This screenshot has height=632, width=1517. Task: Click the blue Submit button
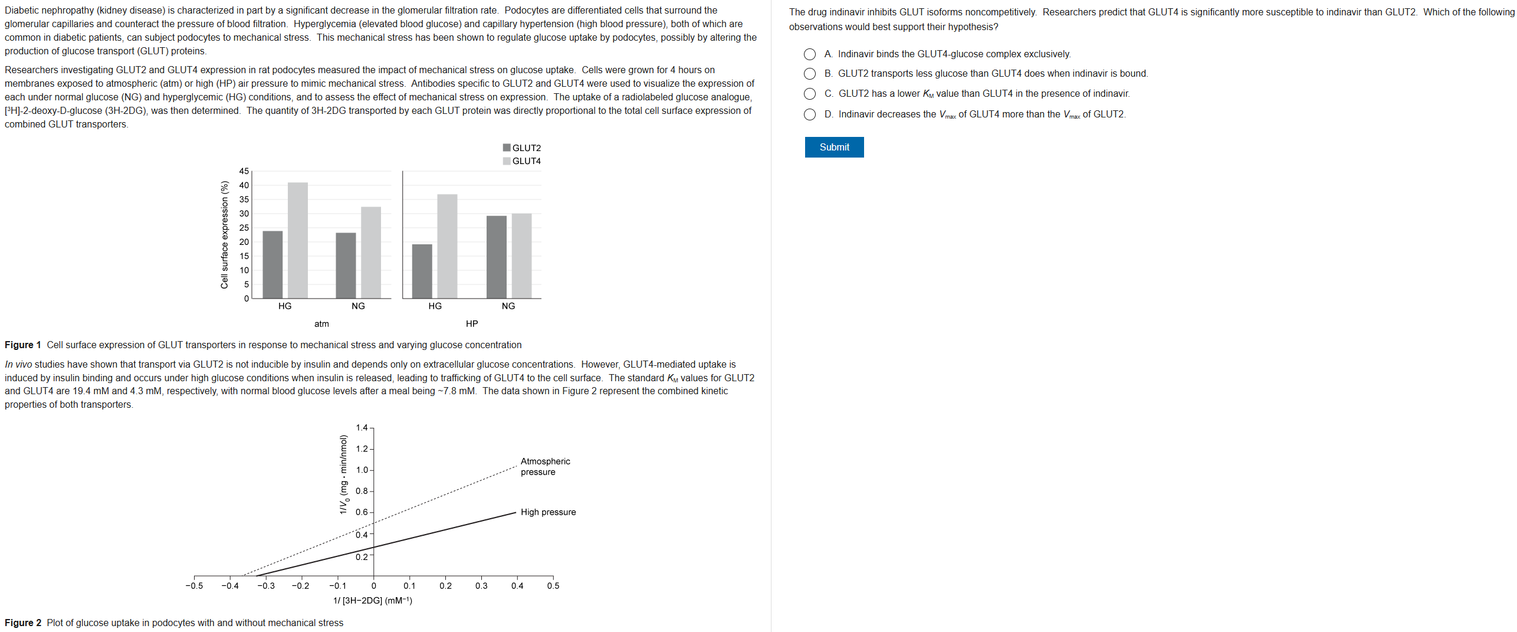click(x=833, y=148)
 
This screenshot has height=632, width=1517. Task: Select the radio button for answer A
click(x=810, y=54)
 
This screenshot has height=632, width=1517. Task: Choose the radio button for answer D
click(x=810, y=114)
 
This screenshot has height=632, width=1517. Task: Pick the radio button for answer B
click(x=810, y=74)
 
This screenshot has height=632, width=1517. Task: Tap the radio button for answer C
click(x=810, y=94)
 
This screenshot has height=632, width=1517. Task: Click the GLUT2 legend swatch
click(x=507, y=148)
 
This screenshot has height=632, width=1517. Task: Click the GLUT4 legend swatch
click(x=507, y=161)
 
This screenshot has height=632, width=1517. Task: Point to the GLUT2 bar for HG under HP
click(x=422, y=271)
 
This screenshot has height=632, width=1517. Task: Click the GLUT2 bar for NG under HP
click(x=496, y=257)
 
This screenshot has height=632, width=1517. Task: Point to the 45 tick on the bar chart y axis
click(x=244, y=171)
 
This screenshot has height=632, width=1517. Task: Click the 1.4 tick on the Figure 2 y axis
click(x=362, y=428)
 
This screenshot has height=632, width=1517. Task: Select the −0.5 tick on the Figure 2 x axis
click(x=194, y=586)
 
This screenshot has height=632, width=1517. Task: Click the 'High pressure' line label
click(x=548, y=512)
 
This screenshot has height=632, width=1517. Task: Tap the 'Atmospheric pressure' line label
click(x=545, y=466)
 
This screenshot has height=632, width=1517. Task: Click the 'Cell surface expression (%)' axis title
click(x=224, y=235)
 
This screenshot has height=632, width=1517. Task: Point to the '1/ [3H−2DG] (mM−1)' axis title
click(x=373, y=601)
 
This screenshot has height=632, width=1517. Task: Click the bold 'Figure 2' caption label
click(x=23, y=623)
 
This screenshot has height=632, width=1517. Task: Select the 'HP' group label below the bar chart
click(x=472, y=324)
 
